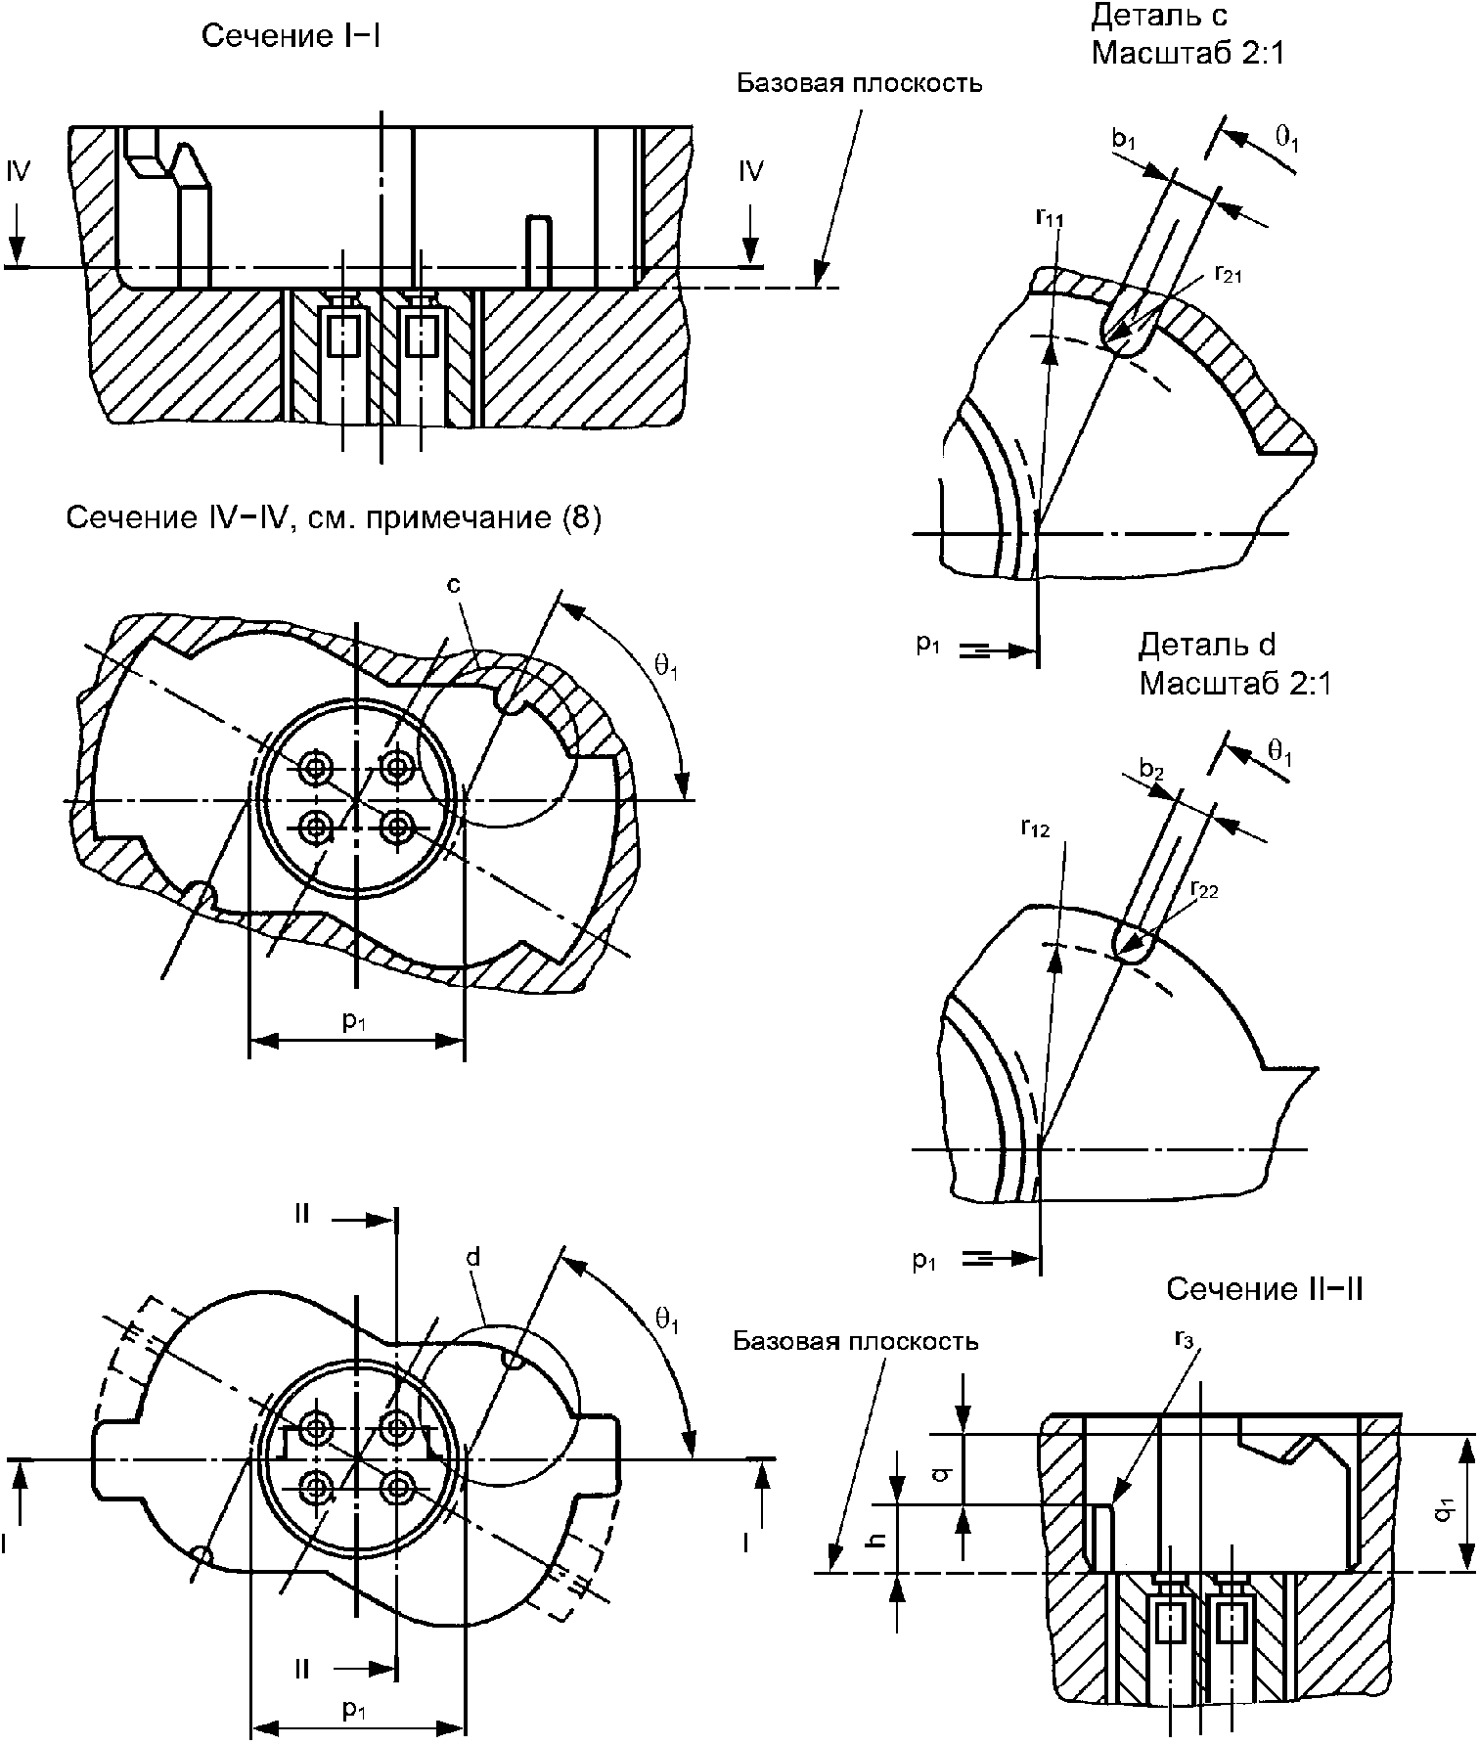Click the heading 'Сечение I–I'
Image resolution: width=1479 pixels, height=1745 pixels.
click(291, 36)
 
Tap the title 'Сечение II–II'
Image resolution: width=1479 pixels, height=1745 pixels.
click(1265, 1289)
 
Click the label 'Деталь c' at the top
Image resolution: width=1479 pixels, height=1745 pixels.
click(1159, 16)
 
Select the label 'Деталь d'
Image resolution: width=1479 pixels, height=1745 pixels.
click(1207, 645)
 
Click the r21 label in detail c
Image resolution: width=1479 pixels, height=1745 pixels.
click(1228, 275)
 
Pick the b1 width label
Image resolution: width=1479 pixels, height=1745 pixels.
click(1124, 139)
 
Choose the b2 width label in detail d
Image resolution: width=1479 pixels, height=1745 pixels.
click(1151, 770)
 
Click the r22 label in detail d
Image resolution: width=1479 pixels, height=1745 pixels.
click(1204, 890)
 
